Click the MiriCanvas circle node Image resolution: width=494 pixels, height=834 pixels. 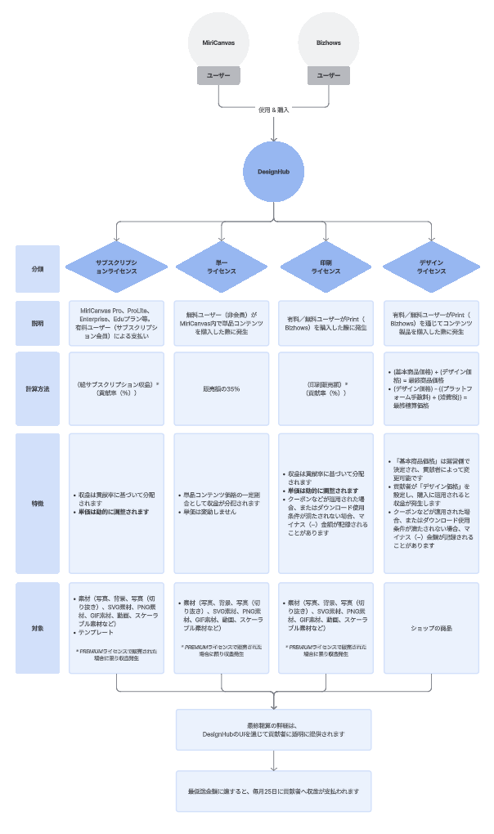[x=218, y=42]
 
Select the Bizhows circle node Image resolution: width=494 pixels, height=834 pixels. [x=329, y=42]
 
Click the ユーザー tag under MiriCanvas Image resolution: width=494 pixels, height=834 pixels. [x=218, y=75]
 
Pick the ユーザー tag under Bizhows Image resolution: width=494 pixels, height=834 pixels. [x=329, y=75]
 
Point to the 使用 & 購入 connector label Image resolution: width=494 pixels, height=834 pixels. [x=273, y=110]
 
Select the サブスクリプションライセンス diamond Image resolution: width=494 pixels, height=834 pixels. [x=116, y=269]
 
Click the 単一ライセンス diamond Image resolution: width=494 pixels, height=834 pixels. [x=221, y=269]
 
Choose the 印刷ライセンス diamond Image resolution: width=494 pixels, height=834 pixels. [x=326, y=269]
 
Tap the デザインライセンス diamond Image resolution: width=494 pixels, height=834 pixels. [x=431, y=269]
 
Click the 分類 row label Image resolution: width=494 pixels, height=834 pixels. [x=38, y=269]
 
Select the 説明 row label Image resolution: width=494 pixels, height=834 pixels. [x=38, y=323]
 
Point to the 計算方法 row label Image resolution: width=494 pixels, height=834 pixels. [x=38, y=388]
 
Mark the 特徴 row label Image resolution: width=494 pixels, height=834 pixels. [x=38, y=504]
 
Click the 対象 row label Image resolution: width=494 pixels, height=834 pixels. [x=38, y=627]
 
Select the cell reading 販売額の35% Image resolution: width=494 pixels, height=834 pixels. [x=221, y=388]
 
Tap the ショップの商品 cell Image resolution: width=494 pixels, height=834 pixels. [x=431, y=627]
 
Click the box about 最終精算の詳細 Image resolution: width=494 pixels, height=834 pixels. [x=273, y=729]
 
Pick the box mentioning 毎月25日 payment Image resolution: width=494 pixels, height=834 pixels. [x=273, y=791]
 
